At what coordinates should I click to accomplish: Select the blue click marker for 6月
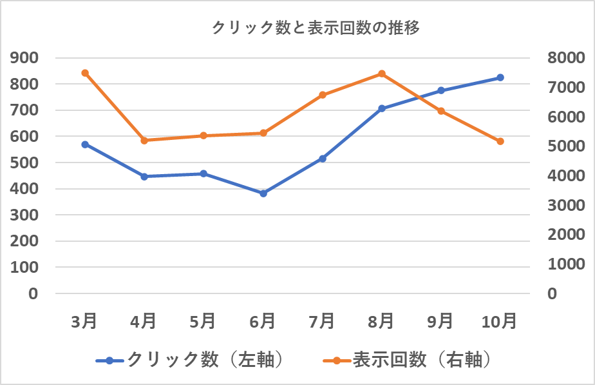click(x=263, y=193)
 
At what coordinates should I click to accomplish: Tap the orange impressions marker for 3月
click(x=85, y=73)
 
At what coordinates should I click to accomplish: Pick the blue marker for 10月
click(x=500, y=77)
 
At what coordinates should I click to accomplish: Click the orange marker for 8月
click(x=381, y=74)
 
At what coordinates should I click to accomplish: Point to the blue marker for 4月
click(x=144, y=176)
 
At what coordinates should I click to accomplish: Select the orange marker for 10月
click(x=500, y=141)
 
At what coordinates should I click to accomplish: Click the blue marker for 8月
click(x=381, y=108)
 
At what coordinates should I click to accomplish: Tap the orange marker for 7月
click(x=322, y=95)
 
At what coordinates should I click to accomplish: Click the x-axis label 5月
click(x=203, y=321)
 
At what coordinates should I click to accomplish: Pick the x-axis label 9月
click(x=440, y=321)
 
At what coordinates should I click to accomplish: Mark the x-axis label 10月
click(x=500, y=321)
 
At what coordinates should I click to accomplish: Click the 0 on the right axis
click(x=552, y=293)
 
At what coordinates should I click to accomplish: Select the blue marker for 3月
click(x=85, y=144)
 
